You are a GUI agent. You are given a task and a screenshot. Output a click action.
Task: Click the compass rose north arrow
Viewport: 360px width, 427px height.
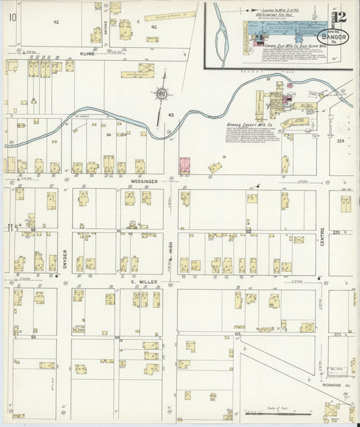tap(163, 96)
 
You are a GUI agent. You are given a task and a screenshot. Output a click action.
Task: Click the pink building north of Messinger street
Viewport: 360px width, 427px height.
tap(184, 166)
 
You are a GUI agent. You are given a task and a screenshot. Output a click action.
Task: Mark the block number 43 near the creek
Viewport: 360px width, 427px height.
tap(171, 116)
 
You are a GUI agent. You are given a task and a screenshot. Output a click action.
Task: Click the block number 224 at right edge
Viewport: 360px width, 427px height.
tap(340, 141)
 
